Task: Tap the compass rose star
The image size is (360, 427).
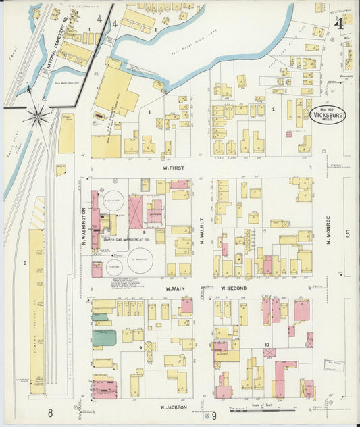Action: click(37, 117)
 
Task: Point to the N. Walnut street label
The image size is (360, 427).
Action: click(201, 228)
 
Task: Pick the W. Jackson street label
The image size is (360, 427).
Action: click(173, 407)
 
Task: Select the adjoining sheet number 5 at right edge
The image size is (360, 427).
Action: click(348, 234)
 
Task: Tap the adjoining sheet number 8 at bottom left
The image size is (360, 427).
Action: click(50, 411)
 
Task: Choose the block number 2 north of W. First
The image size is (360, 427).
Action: click(273, 109)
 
